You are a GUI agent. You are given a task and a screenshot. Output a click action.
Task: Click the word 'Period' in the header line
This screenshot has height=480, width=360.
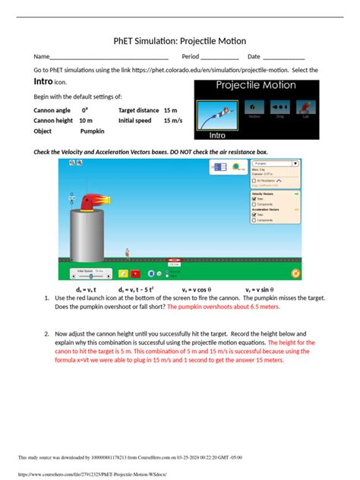[x=190, y=57]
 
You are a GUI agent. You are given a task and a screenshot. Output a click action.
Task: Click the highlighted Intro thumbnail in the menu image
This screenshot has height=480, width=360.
[x=218, y=118]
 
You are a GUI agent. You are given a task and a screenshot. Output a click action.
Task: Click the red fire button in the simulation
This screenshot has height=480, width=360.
[x=135, y=273]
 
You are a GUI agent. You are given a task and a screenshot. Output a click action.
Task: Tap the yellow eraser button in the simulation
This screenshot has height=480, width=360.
[x=122, y=273]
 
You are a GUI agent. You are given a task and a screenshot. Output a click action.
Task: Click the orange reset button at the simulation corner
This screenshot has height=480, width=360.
[x=295, y=273]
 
